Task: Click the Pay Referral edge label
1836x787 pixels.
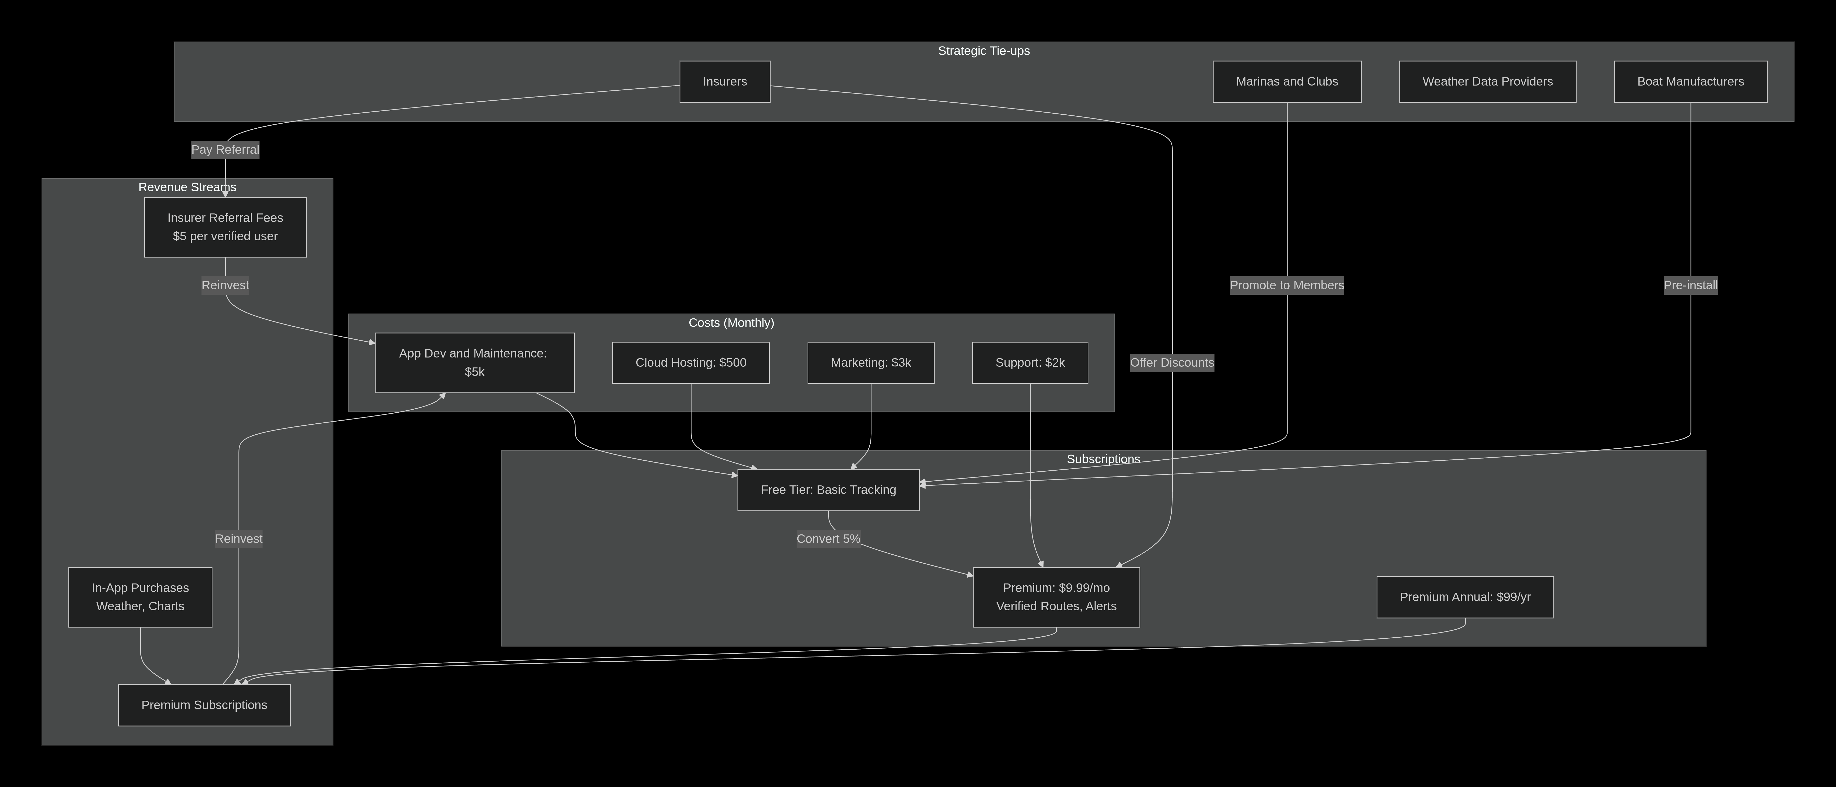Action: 225,150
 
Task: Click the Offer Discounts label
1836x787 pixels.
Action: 1172,363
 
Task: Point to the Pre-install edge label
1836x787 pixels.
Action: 1691,285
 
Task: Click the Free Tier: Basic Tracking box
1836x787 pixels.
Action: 828,490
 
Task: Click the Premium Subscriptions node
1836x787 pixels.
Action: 205,705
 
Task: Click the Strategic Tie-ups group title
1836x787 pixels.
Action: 983,51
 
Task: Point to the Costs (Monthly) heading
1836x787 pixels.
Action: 731,323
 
